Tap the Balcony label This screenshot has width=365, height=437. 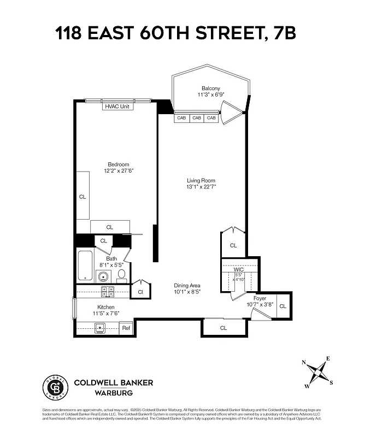point(210,88)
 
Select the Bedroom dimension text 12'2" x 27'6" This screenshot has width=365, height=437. point(118,171)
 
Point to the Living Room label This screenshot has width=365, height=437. point(201,180)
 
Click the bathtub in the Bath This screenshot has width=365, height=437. point(85,267)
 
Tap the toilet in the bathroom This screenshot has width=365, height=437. point(121,274)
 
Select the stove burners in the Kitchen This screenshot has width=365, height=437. point(108,292)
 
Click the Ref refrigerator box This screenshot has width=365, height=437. point(126,328)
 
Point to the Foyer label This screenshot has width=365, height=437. point(260,298)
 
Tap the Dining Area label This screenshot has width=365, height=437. point(187,285)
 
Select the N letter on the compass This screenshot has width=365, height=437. point(304,362)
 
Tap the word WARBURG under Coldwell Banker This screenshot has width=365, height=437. point(114,392)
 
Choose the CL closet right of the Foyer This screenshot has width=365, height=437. point(283,306)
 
